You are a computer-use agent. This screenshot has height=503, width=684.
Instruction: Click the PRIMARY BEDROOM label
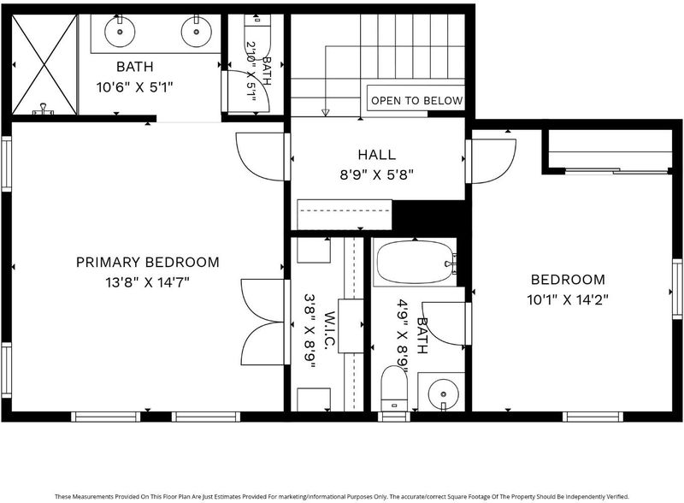147,262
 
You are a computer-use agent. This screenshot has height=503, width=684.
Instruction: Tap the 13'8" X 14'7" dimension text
147,282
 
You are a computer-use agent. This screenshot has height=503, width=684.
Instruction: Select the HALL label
377,155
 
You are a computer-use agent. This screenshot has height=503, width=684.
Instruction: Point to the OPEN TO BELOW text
416,101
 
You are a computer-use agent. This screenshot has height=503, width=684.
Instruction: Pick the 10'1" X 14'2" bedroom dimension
568,300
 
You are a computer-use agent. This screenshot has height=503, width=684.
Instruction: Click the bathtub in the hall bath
416,263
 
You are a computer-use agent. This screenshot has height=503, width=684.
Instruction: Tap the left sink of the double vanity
120,31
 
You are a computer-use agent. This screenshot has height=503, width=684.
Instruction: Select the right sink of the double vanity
197,31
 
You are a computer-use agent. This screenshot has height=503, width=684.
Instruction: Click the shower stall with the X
44,65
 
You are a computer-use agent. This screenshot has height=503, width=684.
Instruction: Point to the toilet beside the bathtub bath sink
394,388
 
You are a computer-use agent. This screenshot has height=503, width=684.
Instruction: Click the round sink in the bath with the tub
443,394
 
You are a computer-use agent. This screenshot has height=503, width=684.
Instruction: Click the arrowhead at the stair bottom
325,113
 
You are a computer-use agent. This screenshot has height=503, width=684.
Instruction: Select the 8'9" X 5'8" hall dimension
377,175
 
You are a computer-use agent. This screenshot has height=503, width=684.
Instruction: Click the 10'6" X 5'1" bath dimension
135,87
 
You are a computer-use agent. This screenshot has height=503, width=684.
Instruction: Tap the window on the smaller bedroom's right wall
677,288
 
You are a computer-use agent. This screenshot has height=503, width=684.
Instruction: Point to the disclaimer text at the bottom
342,496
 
